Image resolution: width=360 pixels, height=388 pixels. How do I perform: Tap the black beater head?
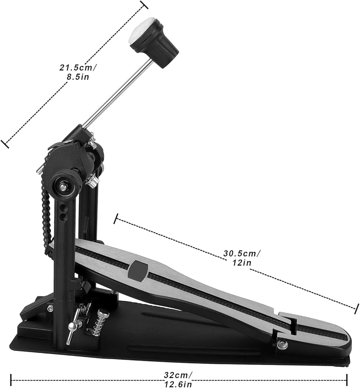[x=158, y=45]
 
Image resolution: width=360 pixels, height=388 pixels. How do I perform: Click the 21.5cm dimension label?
[x=78, y=67]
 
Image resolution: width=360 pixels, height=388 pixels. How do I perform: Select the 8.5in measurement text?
[x=78, y=77]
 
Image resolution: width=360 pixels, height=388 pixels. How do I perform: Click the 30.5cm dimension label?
[x=242, y=253]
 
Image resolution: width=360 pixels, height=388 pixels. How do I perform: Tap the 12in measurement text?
[x=242, y=263]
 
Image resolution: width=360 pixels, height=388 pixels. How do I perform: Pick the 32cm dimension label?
[x=177, y=375]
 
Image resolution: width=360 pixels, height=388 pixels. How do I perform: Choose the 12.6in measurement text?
[x=178, y=384]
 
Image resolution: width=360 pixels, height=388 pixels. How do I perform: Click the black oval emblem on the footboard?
[x=138, y=271]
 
